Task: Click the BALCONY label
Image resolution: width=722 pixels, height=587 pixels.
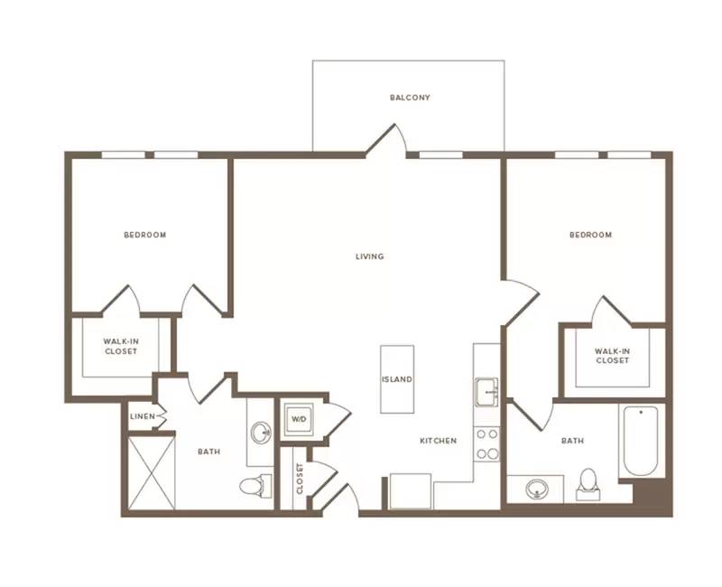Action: click(x=410, y=98)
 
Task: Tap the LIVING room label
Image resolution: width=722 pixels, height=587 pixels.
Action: click(x=370, y=256)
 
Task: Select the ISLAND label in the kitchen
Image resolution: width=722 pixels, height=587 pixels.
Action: click(x=397, y=379)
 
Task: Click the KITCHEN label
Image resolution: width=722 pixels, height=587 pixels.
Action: click(x=439, y=441)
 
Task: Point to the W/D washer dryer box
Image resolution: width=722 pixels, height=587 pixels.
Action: click(x=299, y=419)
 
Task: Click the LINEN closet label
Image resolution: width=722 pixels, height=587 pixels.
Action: click(x=143, y=416)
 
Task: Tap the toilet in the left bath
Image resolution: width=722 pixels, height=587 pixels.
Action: click(x=256, y=486)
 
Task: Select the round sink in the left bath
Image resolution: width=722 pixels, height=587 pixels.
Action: click(x=261, y=433)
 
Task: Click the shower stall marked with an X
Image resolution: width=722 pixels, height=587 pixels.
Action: click(x=152, y=473)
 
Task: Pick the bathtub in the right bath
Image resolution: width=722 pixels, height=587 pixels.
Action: click(x=641, y=441)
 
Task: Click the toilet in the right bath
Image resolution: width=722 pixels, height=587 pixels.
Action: click(x=588, y=485)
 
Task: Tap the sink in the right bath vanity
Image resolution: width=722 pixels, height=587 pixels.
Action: click(x=537, y=489)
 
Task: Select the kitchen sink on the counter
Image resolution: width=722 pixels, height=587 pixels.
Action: click(x=486, y=392)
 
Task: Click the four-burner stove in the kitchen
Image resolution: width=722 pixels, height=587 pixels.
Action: click(x=487, y=444)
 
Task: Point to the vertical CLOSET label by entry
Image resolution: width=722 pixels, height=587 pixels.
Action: click(x=300, y=479)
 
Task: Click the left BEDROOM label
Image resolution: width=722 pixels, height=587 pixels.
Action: click(x=145, y=235)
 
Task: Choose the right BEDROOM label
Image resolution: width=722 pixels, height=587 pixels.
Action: click(x=591, y=235)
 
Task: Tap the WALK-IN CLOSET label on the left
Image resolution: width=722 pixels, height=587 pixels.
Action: click(x=121, y=347)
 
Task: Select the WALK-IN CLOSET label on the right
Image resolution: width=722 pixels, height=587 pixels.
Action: click(x=613, y=356)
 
